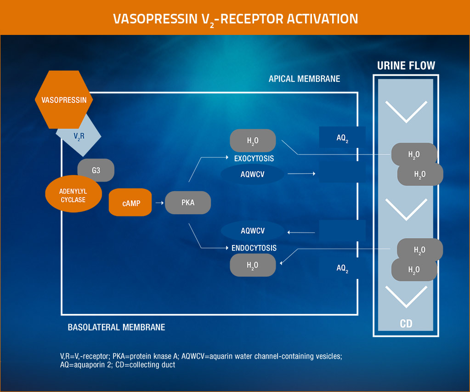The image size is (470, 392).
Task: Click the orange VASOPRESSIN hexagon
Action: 64,100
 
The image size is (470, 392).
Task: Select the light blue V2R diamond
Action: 79,136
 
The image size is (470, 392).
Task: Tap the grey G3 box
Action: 96,170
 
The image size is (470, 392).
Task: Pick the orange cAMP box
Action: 130,203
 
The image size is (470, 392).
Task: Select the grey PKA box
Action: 187,203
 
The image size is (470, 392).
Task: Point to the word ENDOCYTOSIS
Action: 254,248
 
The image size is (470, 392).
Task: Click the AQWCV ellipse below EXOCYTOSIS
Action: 252,174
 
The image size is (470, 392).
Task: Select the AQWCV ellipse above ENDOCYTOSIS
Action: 252,230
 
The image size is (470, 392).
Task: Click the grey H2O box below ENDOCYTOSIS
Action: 252,265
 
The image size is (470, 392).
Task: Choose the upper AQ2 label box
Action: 342,137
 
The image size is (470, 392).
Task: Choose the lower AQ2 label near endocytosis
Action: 342,268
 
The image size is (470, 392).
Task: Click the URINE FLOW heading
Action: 406,65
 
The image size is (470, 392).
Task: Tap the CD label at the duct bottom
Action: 406,324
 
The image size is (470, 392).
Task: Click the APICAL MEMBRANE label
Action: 304,79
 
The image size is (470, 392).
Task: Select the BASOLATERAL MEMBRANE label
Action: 116,327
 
